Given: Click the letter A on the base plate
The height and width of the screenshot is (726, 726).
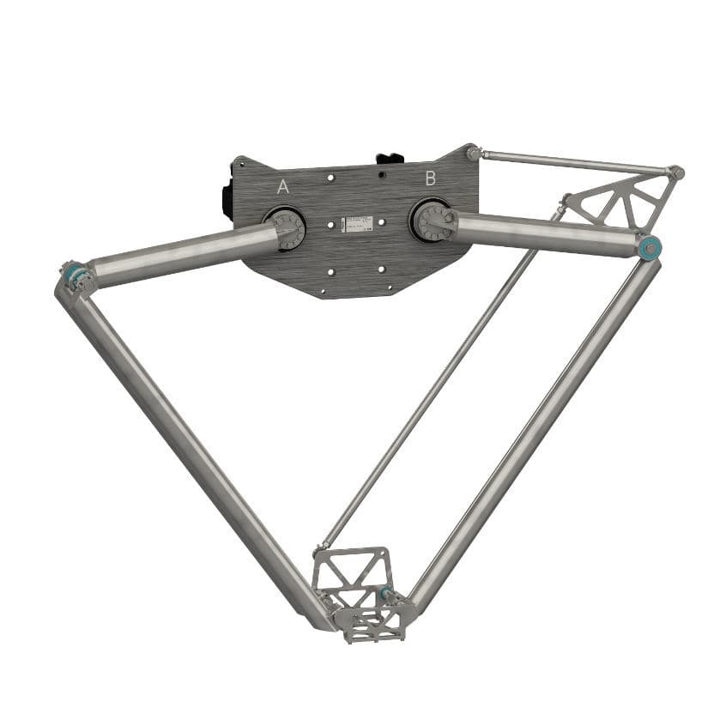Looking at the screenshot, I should point(282,187).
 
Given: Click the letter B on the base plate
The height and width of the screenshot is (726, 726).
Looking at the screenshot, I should point(431,178).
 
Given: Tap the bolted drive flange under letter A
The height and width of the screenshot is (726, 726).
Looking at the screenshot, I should point(287,227).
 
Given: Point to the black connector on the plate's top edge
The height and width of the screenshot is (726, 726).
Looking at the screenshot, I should point(389,159).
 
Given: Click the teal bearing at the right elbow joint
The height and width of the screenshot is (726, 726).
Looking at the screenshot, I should point(651,248).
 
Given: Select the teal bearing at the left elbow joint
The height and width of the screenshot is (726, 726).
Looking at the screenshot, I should point(70,274).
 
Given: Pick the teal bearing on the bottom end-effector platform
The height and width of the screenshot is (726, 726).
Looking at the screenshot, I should point(385,593).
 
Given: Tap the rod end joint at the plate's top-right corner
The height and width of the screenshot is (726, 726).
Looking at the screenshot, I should point(473,153).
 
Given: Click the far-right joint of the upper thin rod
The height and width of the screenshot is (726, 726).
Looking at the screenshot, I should point(677,173).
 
